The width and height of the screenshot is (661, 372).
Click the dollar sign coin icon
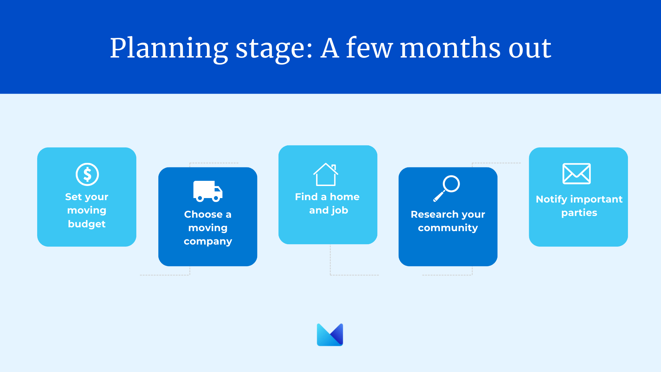click(87, 174)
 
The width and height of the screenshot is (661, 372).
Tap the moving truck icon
click(208, 191)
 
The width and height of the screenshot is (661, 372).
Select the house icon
click(326, 174)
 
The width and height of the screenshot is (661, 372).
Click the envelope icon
click(577, 174)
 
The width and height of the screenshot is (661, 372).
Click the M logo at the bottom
click(330, 334)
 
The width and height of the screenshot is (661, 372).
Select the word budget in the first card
click(87, 224)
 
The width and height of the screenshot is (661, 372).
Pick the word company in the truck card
click(208, 241)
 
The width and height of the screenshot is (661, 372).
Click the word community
click(448, 228)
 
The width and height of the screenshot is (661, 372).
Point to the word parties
click(579, 213)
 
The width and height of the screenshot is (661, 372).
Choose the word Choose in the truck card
click(203, 214)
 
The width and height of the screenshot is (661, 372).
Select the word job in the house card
click(340, 210)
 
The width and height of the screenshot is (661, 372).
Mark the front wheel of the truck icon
click(216, 198)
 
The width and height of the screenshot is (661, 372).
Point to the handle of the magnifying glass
click(439, 196)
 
